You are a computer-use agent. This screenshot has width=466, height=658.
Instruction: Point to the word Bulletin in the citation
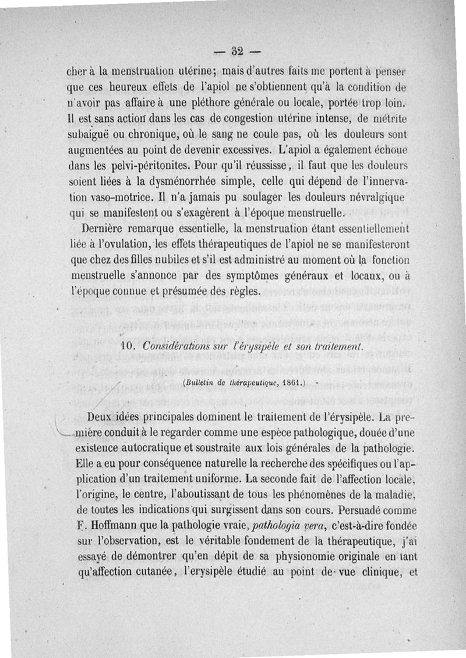click(201, 383)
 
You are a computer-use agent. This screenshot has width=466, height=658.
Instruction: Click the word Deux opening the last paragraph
click(100, 418)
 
